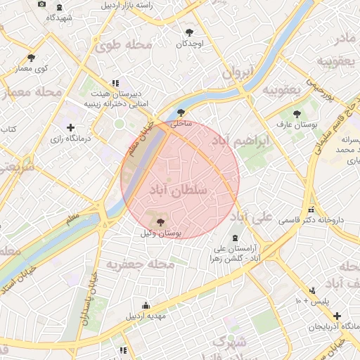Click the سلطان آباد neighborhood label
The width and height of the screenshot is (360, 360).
[179, 190]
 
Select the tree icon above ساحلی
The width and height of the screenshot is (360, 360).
[181, 112]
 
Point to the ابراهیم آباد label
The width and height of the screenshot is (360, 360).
[263, 143]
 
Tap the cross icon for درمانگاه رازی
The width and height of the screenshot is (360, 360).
[70, 127]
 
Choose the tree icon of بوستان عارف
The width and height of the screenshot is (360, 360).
[297, 113]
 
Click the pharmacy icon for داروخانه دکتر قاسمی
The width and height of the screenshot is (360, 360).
[311, 210]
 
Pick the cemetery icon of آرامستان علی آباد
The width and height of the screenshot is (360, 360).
[235, 238]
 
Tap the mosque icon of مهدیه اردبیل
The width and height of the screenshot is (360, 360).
[146, 305]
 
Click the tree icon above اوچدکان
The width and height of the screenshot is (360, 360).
[189, 32]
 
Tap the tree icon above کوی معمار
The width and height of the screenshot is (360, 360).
[31, 58]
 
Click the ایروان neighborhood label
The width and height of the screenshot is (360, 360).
[237, 72]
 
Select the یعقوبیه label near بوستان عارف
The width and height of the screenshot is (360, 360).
[281, 91]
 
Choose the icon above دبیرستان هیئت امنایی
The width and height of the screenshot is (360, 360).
[115, 83]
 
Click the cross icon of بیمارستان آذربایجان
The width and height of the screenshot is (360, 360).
[337, 317]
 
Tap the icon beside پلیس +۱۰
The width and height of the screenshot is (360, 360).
[313, 290]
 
